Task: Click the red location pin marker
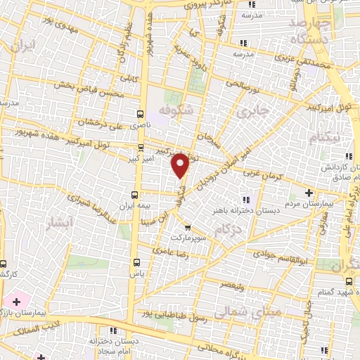(181, 165)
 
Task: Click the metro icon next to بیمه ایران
(135, 195)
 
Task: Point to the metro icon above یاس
(136, 264)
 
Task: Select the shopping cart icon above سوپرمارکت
(187, 227)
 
